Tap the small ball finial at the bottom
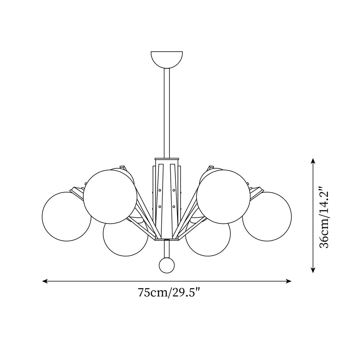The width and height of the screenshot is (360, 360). coord(167,265)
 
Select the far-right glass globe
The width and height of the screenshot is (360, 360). coord(267,216)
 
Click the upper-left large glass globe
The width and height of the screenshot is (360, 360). coord(110,197)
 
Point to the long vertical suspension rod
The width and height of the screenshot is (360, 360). coord(167,112)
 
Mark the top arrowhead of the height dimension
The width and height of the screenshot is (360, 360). coord(313,161)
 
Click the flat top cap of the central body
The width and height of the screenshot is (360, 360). coord(167,159)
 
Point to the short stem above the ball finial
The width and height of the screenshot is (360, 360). coord(167,248)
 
